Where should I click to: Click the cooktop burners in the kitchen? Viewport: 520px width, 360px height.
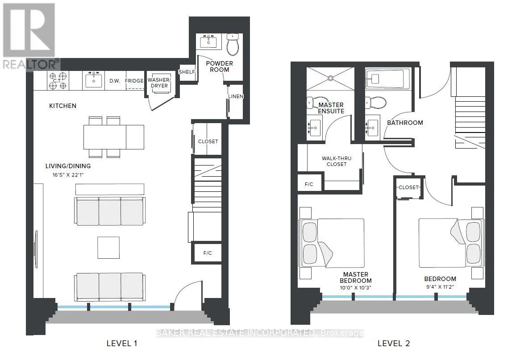click(58, 81)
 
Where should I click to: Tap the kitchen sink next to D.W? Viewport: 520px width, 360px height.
click(93, 80)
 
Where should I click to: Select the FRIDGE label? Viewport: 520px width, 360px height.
click(134, 81)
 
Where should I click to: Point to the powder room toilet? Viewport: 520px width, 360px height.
click(233, 44)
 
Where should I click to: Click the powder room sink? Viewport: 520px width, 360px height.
click(208, 41)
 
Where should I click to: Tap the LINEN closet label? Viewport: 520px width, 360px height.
click(235, 96)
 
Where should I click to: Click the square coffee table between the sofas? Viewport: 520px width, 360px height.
click(108, 248)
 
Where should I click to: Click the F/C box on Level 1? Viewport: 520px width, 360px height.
click(207, 253)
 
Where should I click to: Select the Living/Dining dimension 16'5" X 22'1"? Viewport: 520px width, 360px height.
click(68, 174)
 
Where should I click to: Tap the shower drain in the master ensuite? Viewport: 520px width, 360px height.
click(330, 78)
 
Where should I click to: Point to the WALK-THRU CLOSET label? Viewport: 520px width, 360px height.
click(337, 161)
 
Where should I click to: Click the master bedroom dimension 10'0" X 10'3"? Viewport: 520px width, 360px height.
click(355, 287)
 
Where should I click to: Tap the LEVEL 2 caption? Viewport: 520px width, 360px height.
click(393, 343)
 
